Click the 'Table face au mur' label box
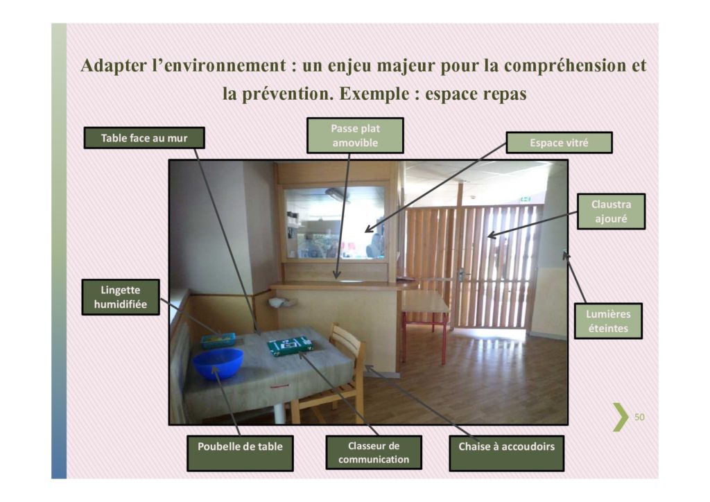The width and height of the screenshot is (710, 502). click(x=144, y=137)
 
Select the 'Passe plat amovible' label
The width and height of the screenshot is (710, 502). click(x=355, y=135)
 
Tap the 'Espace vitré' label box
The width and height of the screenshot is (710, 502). click(x=559, y=143)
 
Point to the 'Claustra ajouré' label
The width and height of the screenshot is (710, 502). click(x=611, y=211)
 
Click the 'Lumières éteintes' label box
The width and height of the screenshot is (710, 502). click(x=608, y=321)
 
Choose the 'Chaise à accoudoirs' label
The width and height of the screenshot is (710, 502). click(x=506, y=453)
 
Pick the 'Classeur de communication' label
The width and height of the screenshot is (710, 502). click(x=374, y=452)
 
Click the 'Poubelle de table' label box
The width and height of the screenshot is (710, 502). click(x=240, y=453)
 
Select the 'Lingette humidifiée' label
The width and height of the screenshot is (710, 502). click(x=121, y=297)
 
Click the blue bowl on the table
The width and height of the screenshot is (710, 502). click(x=218, y=363)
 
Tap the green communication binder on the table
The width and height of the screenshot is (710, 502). click(x=290, y=346)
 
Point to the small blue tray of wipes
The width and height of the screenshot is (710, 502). click(x=218, y=340)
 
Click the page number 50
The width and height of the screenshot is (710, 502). click(x=639, y=417)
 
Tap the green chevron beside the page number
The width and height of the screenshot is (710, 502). click(x=621, y=417)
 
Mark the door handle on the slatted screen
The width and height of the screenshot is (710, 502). click(x=461, y=274)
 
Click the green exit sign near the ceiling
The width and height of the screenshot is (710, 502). click(x=525, y=199)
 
